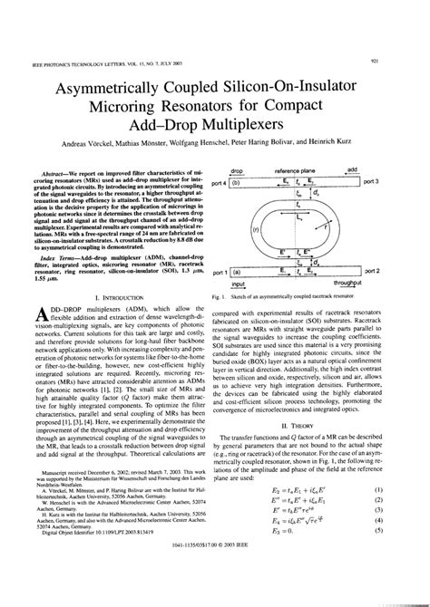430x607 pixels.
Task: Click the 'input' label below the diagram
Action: [239, 284]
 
